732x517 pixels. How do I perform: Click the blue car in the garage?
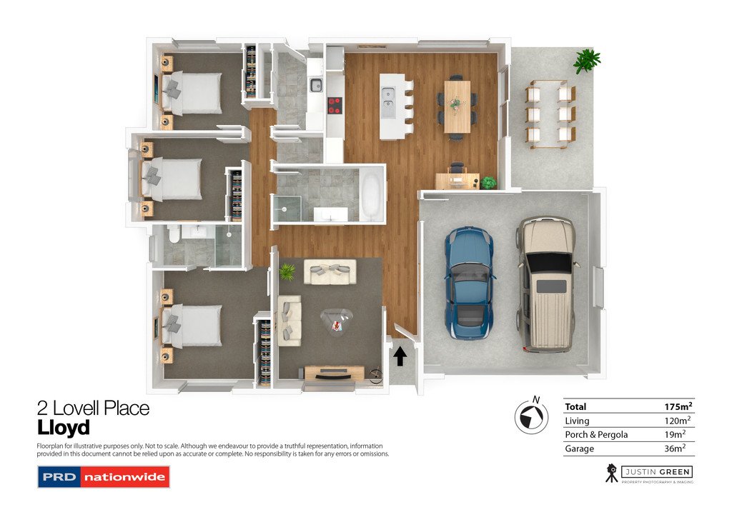470,282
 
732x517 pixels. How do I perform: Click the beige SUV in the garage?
547,283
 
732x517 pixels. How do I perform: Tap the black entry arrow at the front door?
400,356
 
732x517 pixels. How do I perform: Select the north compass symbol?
530,415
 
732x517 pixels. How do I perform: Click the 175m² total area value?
678,406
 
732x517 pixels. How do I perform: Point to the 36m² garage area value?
675,448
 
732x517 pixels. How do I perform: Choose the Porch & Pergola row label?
596,434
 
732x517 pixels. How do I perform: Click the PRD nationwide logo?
103,476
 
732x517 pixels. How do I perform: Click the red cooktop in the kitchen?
334,106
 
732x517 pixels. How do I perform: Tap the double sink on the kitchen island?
389,101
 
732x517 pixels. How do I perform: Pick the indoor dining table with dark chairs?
457,106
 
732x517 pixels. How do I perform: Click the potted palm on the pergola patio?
587,60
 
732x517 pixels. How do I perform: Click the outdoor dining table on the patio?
550,114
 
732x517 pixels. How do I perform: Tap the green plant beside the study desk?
488,183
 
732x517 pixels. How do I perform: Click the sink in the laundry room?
315,86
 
